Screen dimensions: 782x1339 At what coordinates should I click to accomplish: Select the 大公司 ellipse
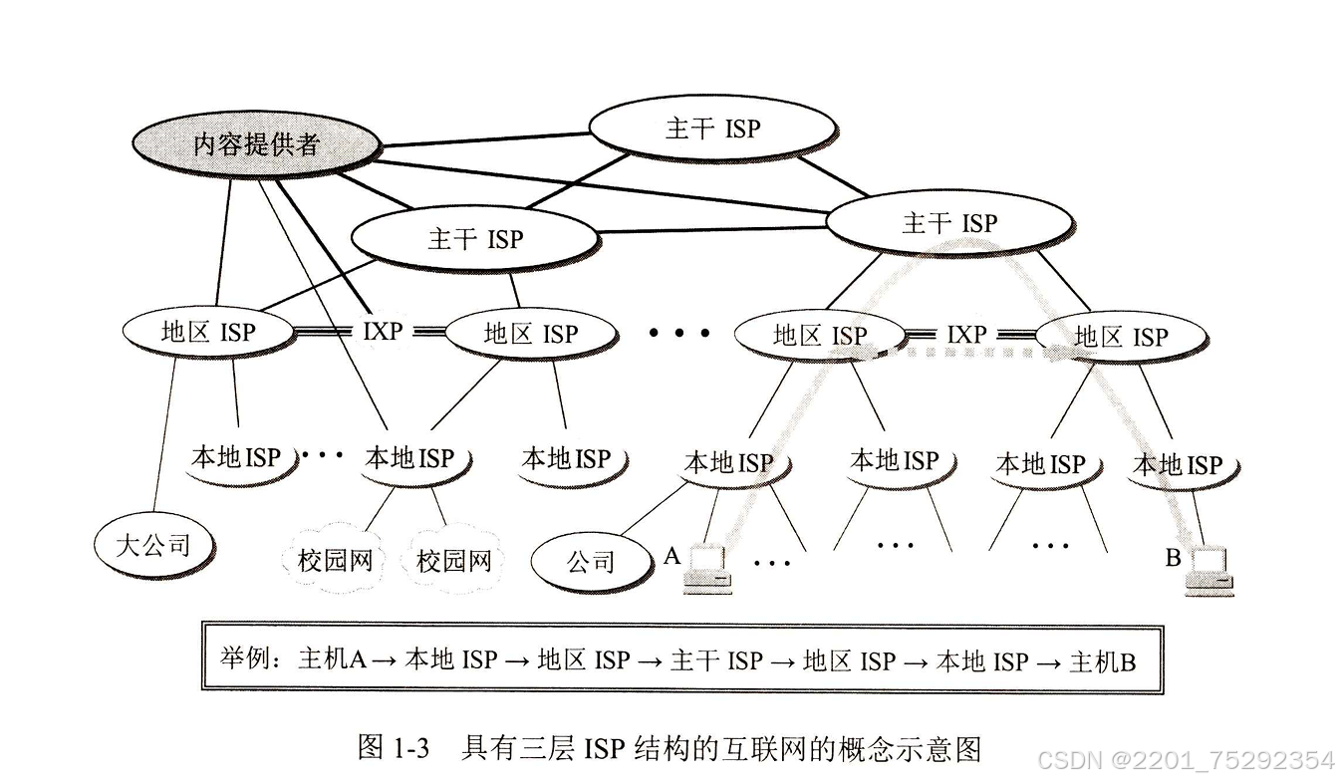pyautogui.click(x=153, y=545)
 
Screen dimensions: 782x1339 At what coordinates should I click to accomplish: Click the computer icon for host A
pyautogui.click(x=708, y=571)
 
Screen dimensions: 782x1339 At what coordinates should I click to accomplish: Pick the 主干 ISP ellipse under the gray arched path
pyautogui.click(x=948, y=223)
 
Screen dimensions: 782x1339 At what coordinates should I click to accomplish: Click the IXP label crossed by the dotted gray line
pyautogui.click(x=965, y=335)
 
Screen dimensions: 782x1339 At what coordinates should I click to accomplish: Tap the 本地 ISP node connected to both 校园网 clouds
pyautogui.click(x=409, y=458)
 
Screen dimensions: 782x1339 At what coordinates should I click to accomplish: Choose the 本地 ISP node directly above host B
pyautogui.click(x=1178, y=464)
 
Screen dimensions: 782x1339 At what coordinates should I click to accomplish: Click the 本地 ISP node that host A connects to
pyautogui.click(x=728, y=463)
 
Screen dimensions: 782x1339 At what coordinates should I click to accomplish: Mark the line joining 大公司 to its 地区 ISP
pyautogui.click(x=165, y=438)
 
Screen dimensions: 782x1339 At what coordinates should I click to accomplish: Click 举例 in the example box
pyautogui.click(x=245, y=660)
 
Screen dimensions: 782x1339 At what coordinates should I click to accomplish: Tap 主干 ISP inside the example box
pyautogui.click(x=716, y=660)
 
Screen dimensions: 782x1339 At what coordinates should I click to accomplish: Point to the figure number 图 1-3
pyautogui.click(x=393, y=747)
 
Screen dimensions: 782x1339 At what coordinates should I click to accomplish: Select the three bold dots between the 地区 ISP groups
pyautogui.click(x=679, y=333)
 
